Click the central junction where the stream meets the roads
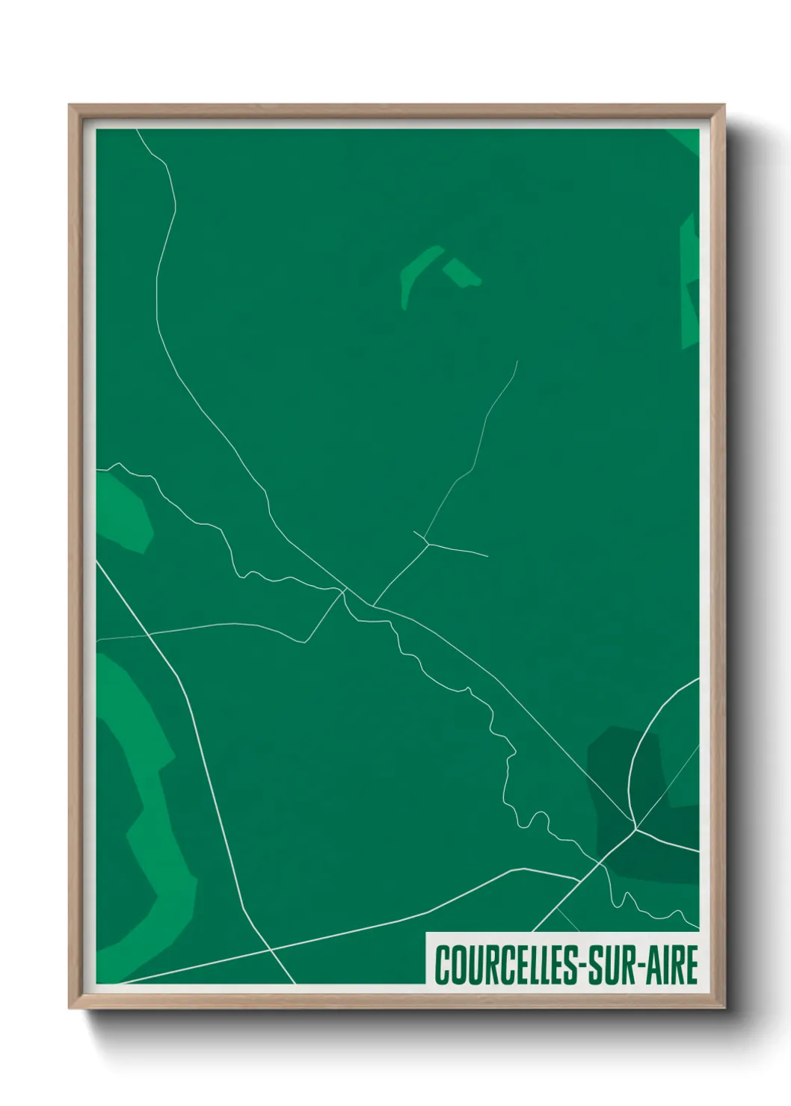pos(345,591)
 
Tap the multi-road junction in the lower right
pos(635,827)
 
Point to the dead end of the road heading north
pos(517,362)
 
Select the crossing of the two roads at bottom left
pos(271,951)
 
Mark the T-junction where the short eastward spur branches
pos(427,543)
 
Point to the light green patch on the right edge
pos(689,284)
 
